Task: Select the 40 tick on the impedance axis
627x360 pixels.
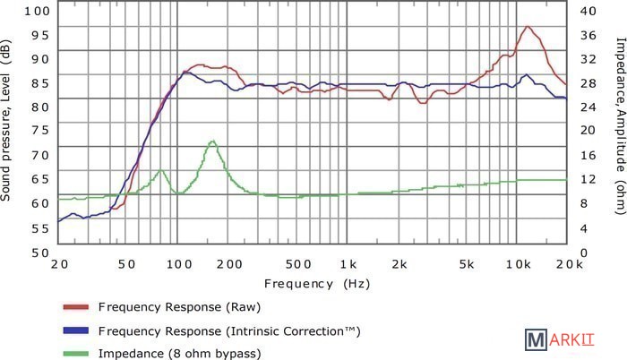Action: pyautogui.click(x=588, y=11)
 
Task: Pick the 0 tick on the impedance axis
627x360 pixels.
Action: pyautogui.click(x=585, y=253)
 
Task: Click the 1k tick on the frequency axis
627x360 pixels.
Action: pyautogui.click(x=348, y=265)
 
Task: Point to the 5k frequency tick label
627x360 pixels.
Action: pyautogui.click(x=467, y=265)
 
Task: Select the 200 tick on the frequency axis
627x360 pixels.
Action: pyautogui.click(x=230, y=265)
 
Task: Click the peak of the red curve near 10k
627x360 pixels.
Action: pyautogui.click(x=528, y=27)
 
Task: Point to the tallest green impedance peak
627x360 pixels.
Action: pyautogui.click(x=212, y=141)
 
